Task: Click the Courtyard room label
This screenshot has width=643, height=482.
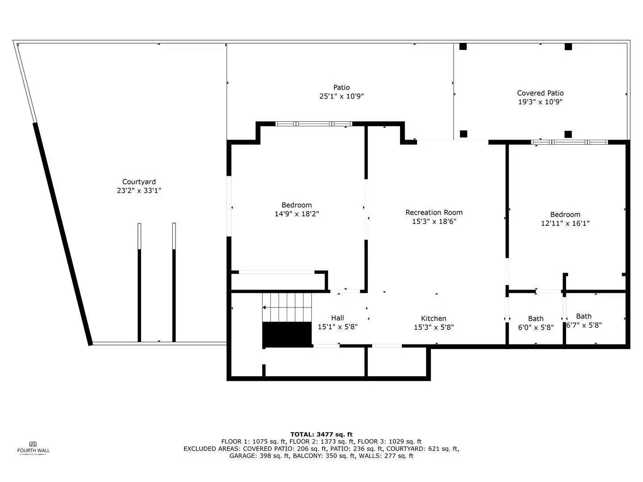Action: pyautogui.click(x=139, y=182)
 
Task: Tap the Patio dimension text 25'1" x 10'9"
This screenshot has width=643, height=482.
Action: pyautogui.click(x=341, y=96)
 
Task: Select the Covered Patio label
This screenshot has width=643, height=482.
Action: pyautogui.click(x=540, y=93)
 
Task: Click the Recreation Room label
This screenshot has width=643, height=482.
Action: pyautogui.click(x=434, y=212)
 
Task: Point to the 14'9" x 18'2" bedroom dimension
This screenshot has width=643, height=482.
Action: pyautogui.click(x=296, y=214)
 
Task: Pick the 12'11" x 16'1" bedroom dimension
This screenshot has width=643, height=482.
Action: pyautogui.click(x=565, y=224)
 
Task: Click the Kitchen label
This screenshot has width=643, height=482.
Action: pyautogui.click(x=433, y=318)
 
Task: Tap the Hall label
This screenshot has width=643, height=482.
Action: pyautogui.click(x=337, y=318)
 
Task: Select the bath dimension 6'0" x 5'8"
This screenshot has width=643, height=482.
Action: pyautogui.click(x=535, y=328)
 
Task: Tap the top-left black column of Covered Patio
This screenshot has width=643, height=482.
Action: pyautogui.click(x=463, y=46)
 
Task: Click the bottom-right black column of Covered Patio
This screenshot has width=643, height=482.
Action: pyautogui.click(x=568, y=134)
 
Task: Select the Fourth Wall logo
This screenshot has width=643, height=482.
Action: pyautogui.click(x=33, y=447)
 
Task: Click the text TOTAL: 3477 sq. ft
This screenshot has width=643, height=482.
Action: pyautogui.click(x=321, y=434)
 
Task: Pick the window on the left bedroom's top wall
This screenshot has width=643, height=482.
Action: pyautogui.click(x=313, y=124)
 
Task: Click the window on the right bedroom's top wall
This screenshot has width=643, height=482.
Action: pyautogui.click(x=569, y=142)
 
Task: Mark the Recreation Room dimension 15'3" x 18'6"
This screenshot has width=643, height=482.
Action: pyautogui.click(x=434, y=221)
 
